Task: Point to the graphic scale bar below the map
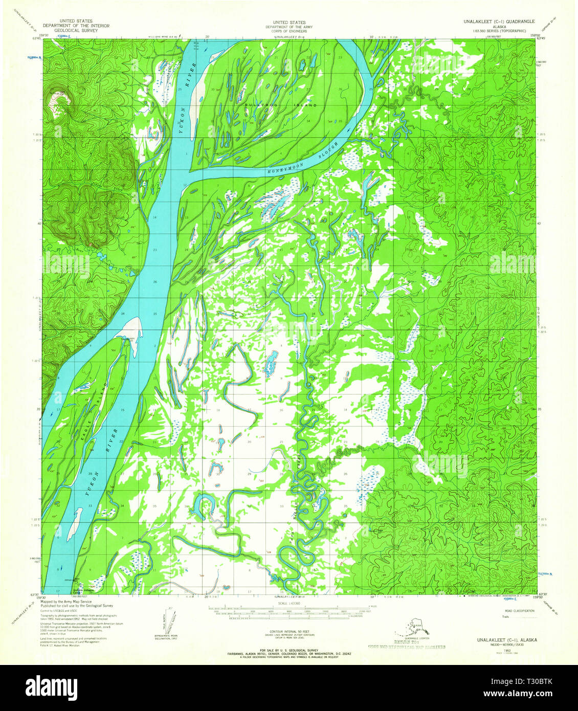tap(289, 610)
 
